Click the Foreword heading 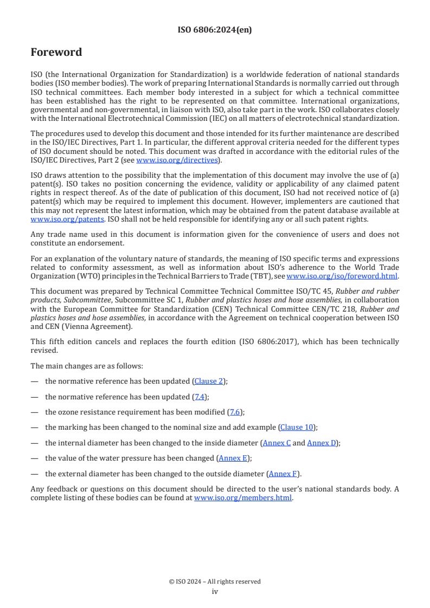point(56,53)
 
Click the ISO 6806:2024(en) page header point(215,30)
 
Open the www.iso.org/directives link point(177,160)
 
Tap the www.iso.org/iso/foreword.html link point(342,276)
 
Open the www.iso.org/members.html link point(243,497)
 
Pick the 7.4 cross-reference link point(201,397)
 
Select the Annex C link point(277,443)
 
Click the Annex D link point(322,443)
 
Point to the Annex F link point(283,474)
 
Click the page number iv point(215,592)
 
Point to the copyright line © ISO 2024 point(215,581)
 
